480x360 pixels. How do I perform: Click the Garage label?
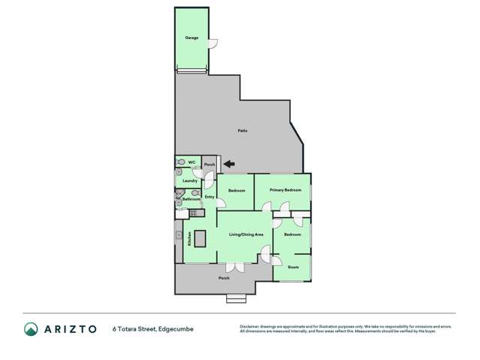click(x=192, y=37)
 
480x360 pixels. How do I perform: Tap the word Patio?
click(x=243, y=131)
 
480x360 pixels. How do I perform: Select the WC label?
click(x=192, y=162)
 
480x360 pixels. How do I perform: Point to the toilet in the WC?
click(x=180, y=162)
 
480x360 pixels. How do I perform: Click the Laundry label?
click(x=190, y=180)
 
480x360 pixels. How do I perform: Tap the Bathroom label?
click(x=191, y=199)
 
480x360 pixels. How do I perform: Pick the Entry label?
click(x=210, y=197)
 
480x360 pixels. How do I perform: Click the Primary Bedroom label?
click(x=285, y=190)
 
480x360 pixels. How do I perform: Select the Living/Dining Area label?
click(x=246, y=235)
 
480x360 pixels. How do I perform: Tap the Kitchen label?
click(x=189, y=239)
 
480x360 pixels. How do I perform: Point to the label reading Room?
click(x=293, y=267)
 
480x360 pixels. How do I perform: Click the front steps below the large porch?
click(x=236, y=298)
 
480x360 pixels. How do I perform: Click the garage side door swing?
click(x=213, y=43)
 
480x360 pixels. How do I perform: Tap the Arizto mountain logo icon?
click(x=31, y=328)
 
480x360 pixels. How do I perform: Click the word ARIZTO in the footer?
click(x=70, y=328)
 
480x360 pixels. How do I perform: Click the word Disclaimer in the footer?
click(x=249, y=325)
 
